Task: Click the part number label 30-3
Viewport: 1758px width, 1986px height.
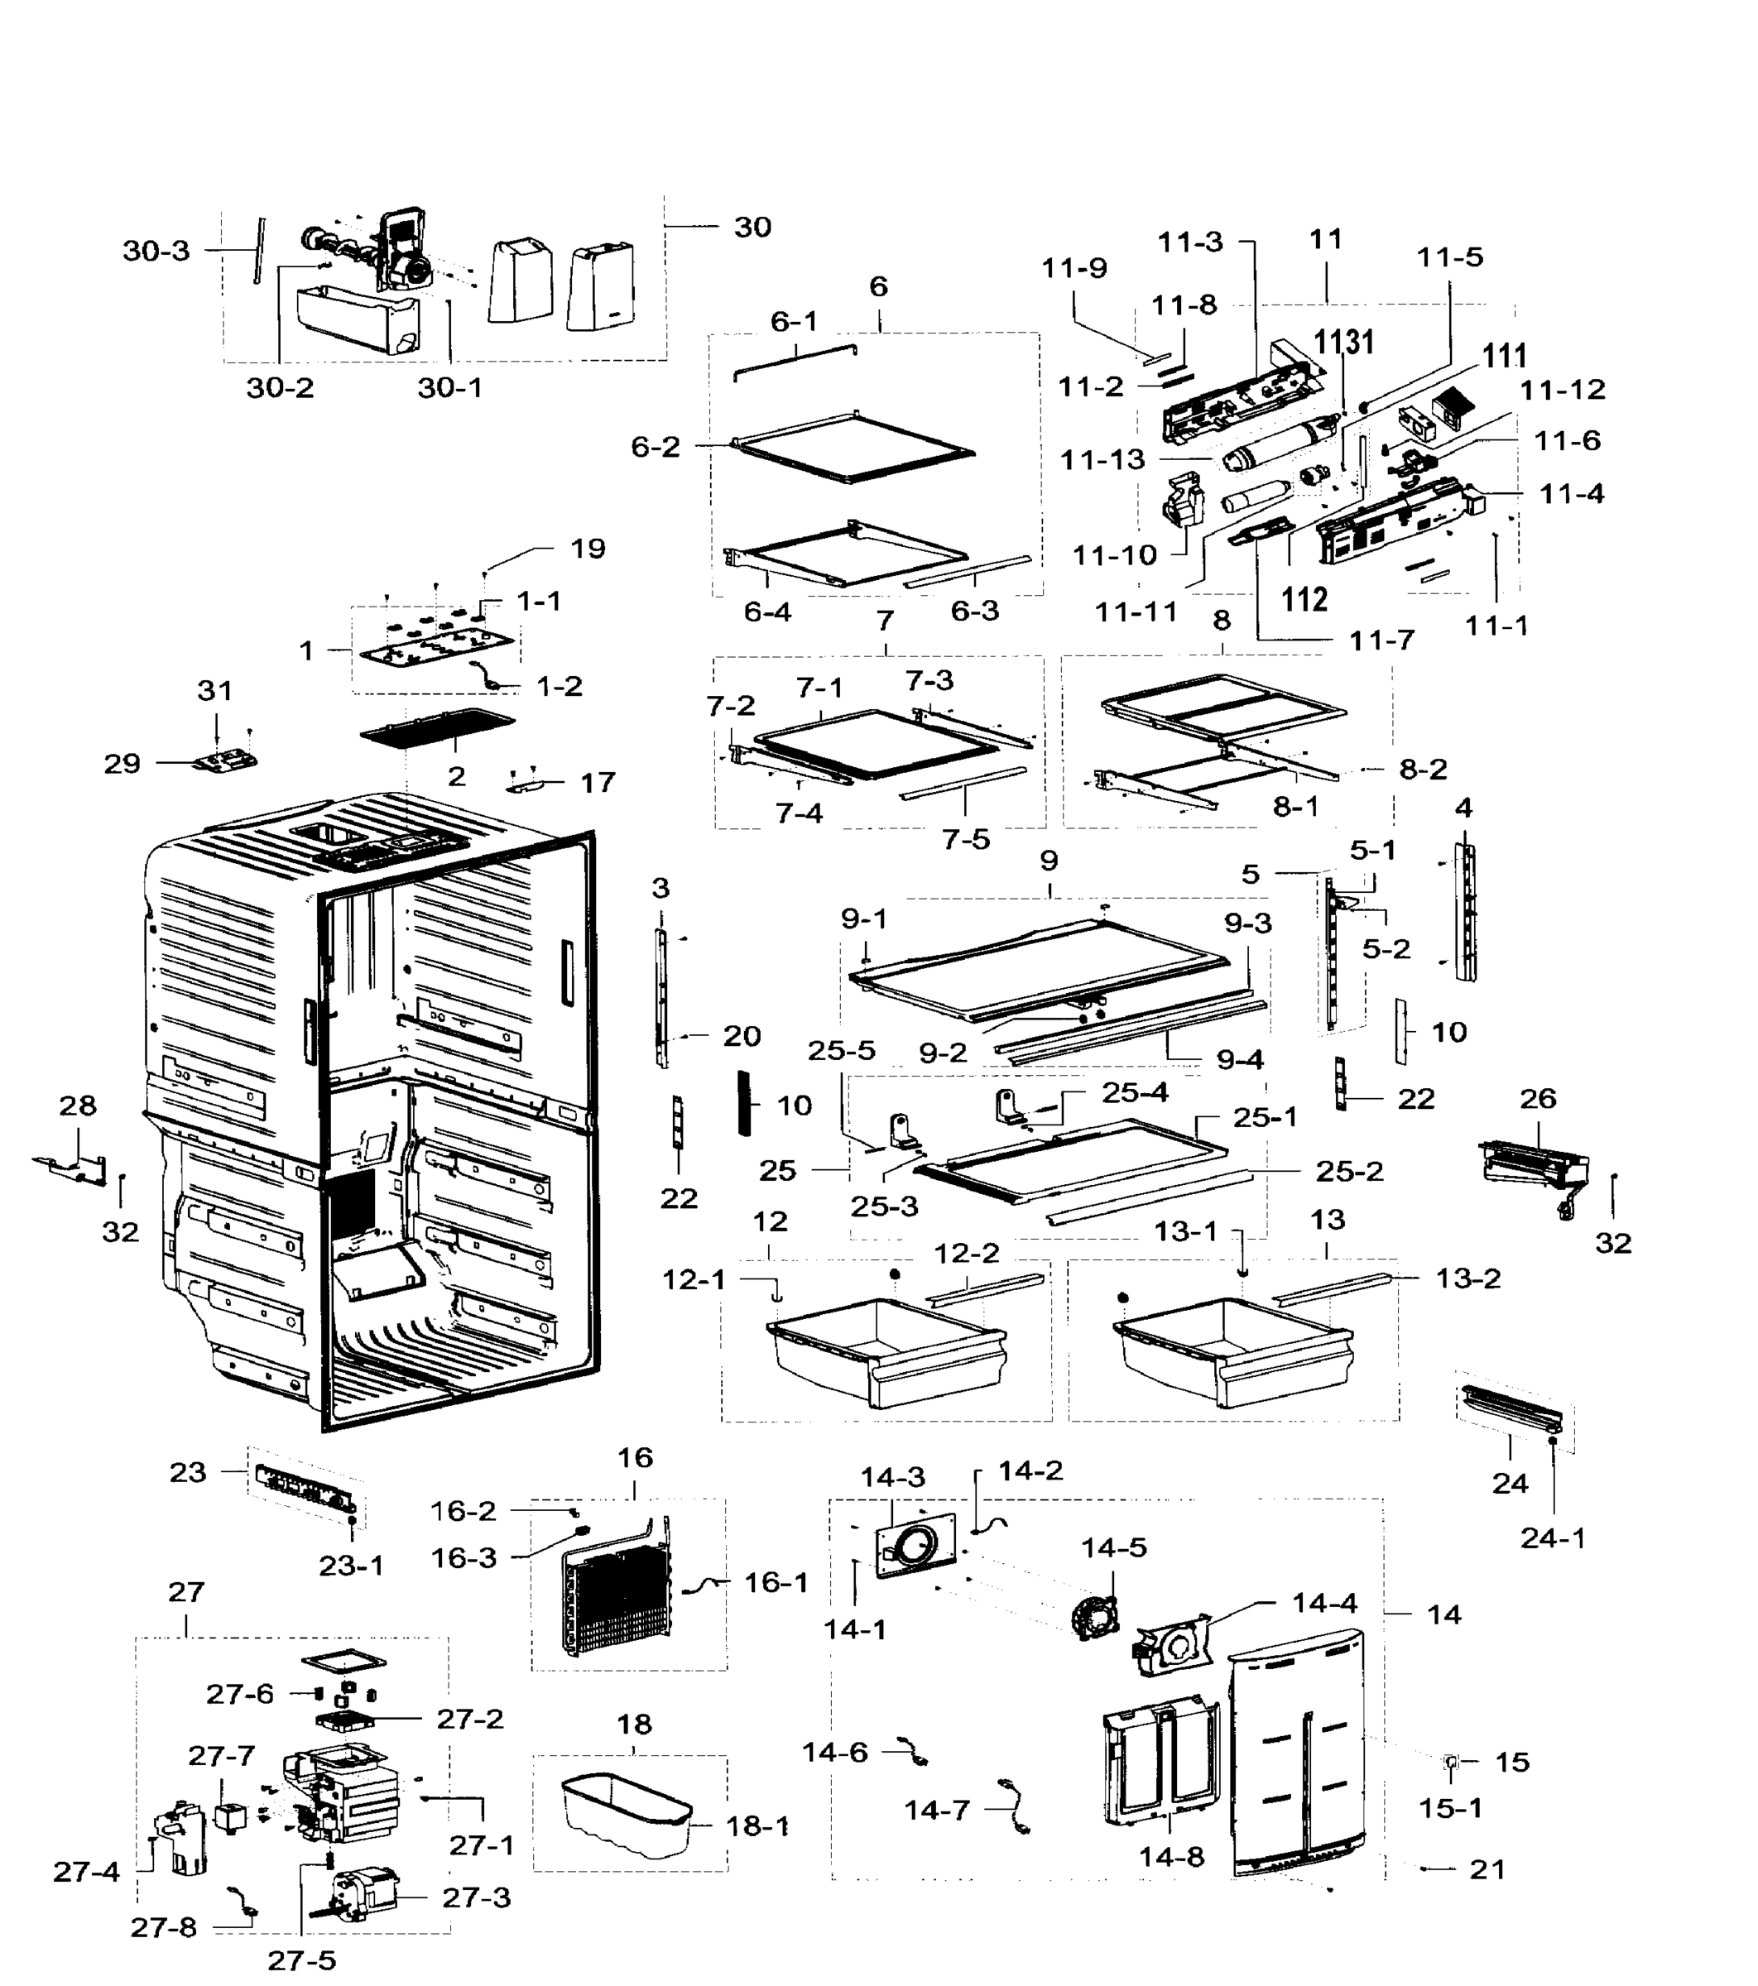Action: tap(156, 251)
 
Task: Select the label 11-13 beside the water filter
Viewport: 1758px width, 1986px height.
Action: tap(1102, 459)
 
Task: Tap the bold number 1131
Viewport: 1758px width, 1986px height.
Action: tap(1343, 342)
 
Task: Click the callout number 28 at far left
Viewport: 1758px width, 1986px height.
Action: tap(78, 1106)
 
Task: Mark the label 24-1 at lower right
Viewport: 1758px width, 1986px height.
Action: tap(1552, 1538)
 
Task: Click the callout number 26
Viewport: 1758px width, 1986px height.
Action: tap(1537, 1099)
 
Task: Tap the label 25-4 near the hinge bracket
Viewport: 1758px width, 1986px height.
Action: tap(1134, 1093)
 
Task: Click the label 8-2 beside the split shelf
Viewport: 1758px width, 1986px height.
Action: tap(1423, 770)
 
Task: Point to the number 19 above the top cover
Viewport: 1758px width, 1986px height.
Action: tap(587, 549)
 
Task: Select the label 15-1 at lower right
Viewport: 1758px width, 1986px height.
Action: tap(1450, 1808)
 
